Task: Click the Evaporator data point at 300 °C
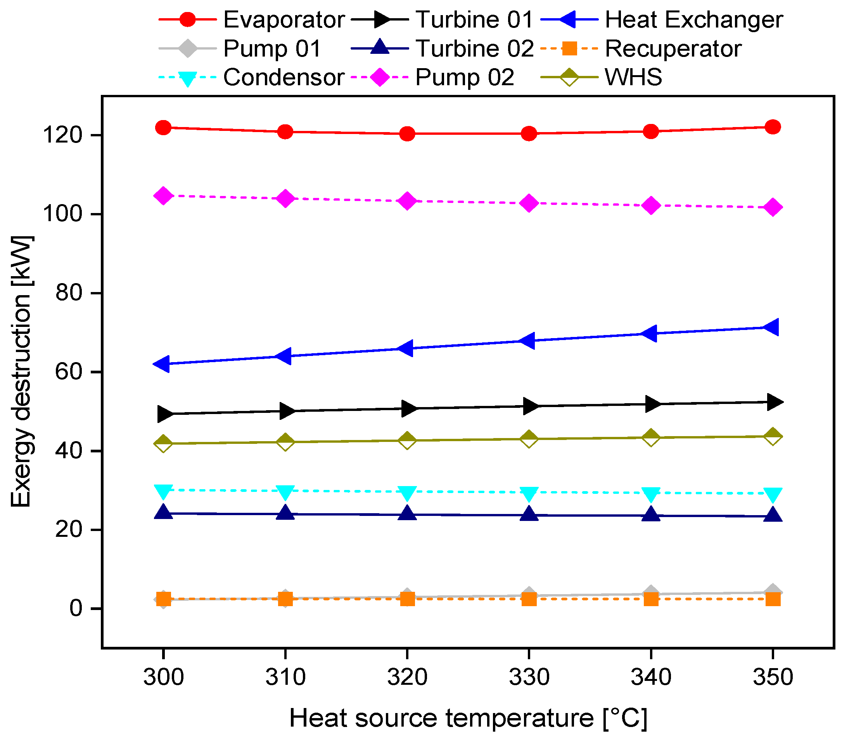(x=163, y=127)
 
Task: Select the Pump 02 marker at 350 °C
(x=772, y=207)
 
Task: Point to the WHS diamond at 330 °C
(x=529, y=438)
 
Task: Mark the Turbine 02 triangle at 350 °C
(x=772, y=515)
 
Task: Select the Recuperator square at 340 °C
(x=651, y=599)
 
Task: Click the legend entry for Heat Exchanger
(x=693, y=20)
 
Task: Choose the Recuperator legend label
(x=673, y=48)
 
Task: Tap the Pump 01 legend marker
(x=187, y=48)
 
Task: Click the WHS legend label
(x=633, y=77)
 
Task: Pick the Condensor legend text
(x=284, y=77)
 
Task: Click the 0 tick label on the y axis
(x=76, y=608)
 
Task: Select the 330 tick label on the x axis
(x=529, y=677)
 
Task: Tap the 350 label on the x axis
(x=772, y=677)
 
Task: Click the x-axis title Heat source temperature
(x=468, y=718)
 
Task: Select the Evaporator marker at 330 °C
(x=529, y=134)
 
